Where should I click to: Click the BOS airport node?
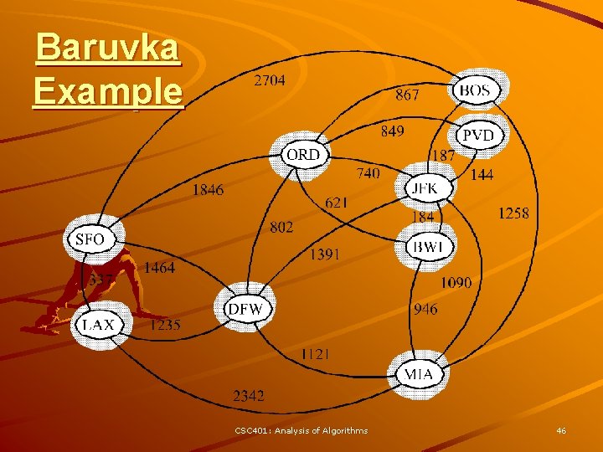pyautogui.click(x=475, y=90)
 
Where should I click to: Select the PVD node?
pyautogui.click(x=478, y=136)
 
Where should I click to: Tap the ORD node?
pyautogui.click(x=302, y=155)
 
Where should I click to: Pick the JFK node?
pyautogui.click(x=425, y=188)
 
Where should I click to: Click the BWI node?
pyautogui.click(x=430, y=248)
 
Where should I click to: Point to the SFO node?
pyautogui.click(x=90, y=240)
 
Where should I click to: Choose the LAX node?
pyautogui.click(x=99, y=325)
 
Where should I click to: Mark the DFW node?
pyautogui.click(x=245, y=309)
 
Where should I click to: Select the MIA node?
pyautogui.click(x=419, y=373)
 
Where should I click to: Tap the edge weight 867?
pyautogui.click(x=407, y=95)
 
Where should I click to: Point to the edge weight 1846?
pyautogui.click(x=208, y=190)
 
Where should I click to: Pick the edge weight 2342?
pyautogui.click(x=249, y=394)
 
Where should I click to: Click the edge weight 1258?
pyautogui.click(x=513, y=213)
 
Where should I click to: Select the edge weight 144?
pyautogui.click(x=482, y=175)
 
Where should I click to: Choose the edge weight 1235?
pyautogui.click(x=165, y=326)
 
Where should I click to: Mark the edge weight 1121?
pyautogui.click(x=315, y=354)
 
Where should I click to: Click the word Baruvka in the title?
pyautogui.click(x=107, y=48)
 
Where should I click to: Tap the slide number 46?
pyautogui.click(x=561, y=430)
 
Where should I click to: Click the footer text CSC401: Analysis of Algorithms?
pyautogui.click(x=301, y=430)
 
